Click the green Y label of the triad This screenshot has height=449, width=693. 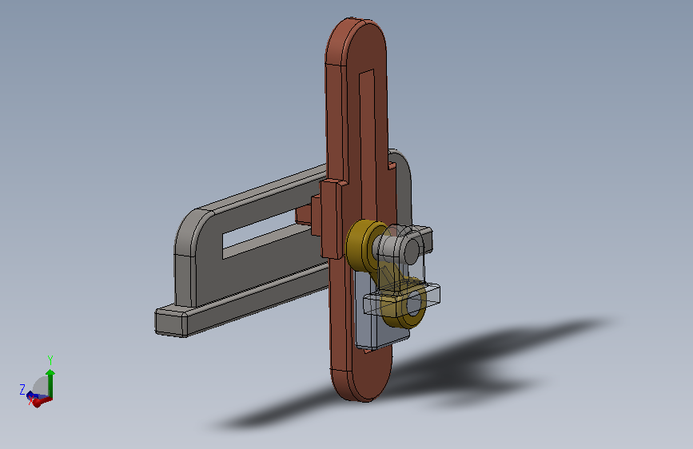click(50, 360)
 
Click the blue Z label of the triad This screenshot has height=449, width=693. click(22, 389)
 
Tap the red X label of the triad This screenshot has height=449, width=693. click(31, 400)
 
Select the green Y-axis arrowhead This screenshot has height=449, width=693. click(50, 373)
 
